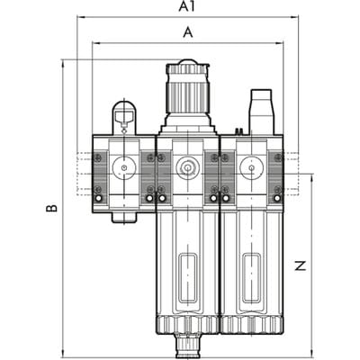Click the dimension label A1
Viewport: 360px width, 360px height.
tap(186, 6)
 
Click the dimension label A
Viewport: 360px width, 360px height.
tap(188, 32)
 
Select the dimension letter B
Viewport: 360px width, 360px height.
tap(51, 208)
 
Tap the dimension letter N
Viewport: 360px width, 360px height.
tap(300, 265)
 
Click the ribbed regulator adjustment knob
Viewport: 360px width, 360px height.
tap(188, 89)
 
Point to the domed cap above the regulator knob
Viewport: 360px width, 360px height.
tap(188, 62)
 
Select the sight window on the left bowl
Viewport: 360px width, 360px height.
tap(188, 278)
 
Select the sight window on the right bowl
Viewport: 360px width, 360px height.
tap(251, 278)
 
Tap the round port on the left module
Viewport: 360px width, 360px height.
tap(124, 167)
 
